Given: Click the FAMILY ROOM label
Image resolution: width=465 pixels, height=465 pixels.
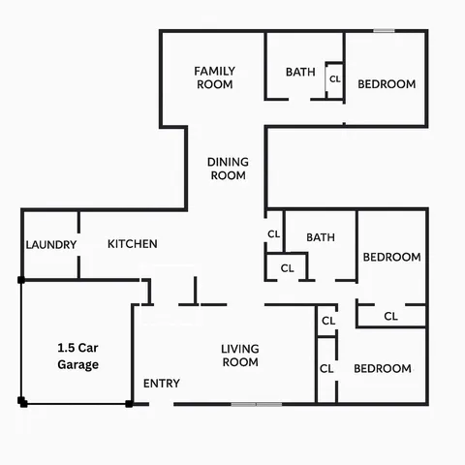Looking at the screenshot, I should pyautogui.click(x=214, y=77).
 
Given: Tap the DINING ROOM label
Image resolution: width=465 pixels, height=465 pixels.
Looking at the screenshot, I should pyautogui.click(x=228, y=169).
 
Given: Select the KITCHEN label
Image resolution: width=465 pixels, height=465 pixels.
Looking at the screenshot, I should pyautogui.click(x=132, y=244).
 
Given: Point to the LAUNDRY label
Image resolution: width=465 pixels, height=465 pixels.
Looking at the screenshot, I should pyautogui.click(x=50, y=245).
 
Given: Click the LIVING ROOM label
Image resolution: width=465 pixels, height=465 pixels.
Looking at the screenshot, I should pyautogui.click(x=239, y=356).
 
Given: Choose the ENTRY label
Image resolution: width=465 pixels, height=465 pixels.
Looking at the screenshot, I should pyautogui.click(x=161, y=384).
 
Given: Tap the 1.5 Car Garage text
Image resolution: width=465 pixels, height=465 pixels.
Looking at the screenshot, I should pyautogui.click(x=77, y=356).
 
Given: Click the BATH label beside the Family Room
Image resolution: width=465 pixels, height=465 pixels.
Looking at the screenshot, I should pyautogui.click(x=300, y=72).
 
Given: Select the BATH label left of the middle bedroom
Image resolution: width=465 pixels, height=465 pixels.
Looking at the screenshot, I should pyautogui.click(x=321, y=237).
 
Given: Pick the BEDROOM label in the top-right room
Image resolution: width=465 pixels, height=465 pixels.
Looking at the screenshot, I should pyautogui.click(x=387, y=84).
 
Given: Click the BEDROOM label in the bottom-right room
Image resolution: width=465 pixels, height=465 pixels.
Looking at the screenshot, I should pyautogui.click(x=382, y=369).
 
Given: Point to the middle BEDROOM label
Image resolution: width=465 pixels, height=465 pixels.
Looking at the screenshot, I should pyautogui.click(x=391, y=258).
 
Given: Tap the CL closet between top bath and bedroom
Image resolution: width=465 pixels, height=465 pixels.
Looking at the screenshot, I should pyautogui.click(x=335, y=79).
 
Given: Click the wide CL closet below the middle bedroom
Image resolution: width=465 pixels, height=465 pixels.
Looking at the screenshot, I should pyautogui.click(x=390, y=316).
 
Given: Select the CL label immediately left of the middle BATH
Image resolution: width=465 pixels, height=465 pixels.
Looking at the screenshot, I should pyautogui.click(x=273, y=234).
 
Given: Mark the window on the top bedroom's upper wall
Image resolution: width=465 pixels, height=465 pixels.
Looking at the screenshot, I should pyautogui.click(x=385, y=31).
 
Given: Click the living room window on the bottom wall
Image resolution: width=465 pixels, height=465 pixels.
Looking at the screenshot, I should pyautogui.click(x=257, y=404).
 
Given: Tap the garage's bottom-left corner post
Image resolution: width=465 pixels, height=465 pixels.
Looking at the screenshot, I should pyautogui.click(x=21, y=400).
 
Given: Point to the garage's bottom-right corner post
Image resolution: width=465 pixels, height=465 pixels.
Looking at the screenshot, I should pyautogui.click(x=129, y=404).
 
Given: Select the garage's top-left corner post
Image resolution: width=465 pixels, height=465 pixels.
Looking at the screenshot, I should pyautogui.click(x=21, y=280).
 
